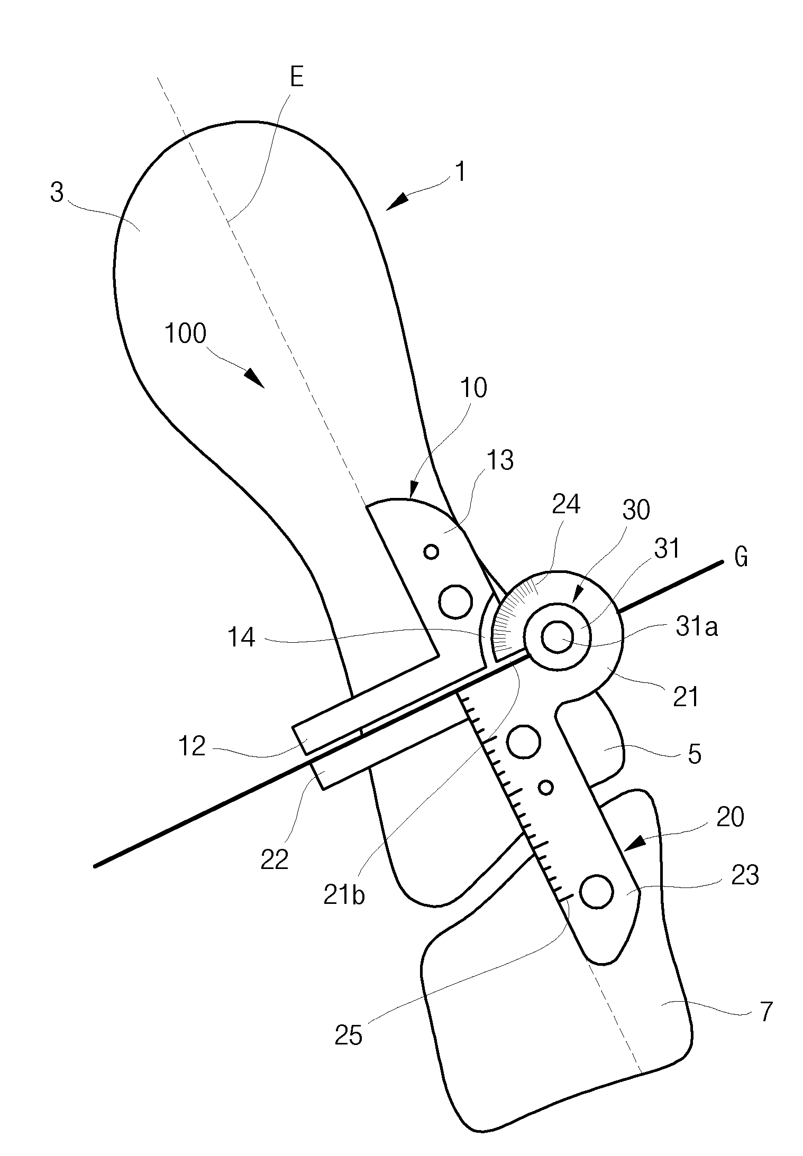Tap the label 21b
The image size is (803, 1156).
pos(344,895)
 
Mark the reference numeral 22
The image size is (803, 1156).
pos(275,859)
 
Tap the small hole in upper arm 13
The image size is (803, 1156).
pos(432,552)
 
